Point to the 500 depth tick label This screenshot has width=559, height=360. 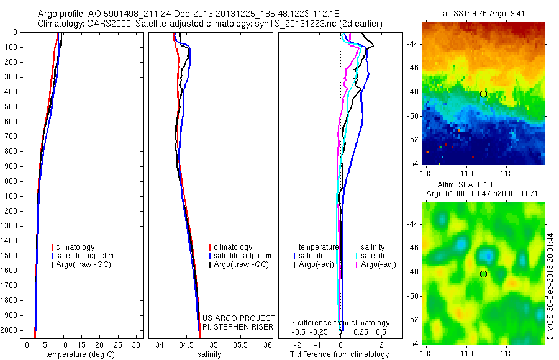(x=11, y=107)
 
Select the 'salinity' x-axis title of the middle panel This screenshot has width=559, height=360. (x=209, y=354)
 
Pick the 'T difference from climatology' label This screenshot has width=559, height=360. (x=339, y=354)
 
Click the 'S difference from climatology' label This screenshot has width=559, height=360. (x=340, y=323)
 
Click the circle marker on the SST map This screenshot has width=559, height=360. (x=483, y=94)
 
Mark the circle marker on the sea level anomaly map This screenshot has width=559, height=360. (x=483, y=274)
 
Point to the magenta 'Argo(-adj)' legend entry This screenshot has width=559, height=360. (x=378, y=264)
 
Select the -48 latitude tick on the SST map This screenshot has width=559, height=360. (x=412, y=92)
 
